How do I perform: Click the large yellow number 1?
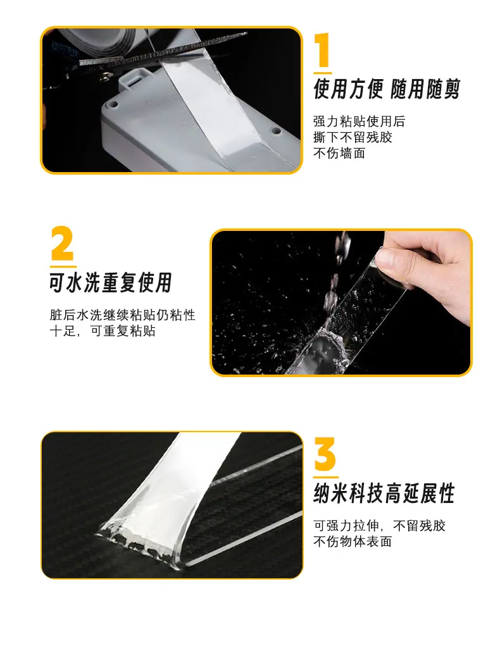coord(323,49)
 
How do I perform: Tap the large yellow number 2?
coord(62,243)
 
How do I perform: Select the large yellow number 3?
coord(325,454)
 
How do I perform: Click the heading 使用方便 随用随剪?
coord(386,89)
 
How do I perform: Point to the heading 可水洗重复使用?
coord(111,282)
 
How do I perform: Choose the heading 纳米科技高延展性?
coord(384,493)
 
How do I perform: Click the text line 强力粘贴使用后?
coord(359,121)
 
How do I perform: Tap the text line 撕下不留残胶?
coord(353,137)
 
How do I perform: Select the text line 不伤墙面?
coord(339,153)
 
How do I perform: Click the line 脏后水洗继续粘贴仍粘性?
coord(122,315)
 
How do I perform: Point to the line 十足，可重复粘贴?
coord(103,331)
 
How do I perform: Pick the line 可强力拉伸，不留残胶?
coord(379,526)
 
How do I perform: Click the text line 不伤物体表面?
coord(353,542)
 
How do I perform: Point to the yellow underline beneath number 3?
coord(326,477)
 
